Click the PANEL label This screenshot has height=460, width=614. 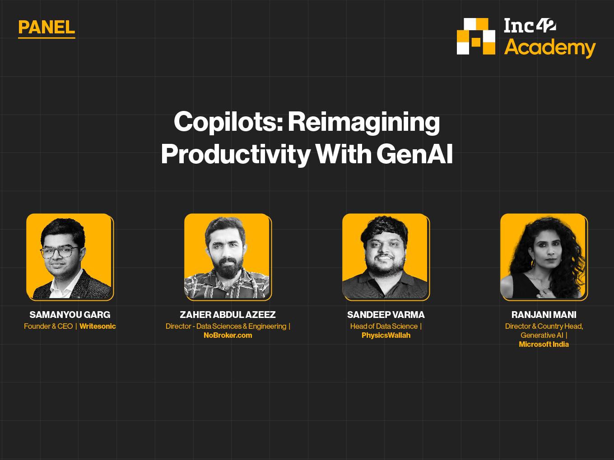tap(47, 28)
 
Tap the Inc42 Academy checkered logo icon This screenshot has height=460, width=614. tap(476, 36)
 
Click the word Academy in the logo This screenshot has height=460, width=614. tap(549, 48)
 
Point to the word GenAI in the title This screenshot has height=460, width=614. tap(414, 154)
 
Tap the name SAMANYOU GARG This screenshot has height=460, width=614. tap(70, 315)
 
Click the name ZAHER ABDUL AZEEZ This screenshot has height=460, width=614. tap(228, 315)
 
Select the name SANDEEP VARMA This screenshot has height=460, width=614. tap(386, 315)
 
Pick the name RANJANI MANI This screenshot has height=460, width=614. tap(544, 315)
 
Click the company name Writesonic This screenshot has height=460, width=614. tap(98, 326)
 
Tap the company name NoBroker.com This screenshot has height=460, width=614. tap(228, 335)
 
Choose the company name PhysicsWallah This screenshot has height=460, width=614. tap(386, 336)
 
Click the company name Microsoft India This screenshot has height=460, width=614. tap(544, 345)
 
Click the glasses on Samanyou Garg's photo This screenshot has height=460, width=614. tap(60, 252)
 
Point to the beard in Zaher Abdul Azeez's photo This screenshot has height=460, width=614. tap(228, 269)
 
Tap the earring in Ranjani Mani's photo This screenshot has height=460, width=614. tap(532, 263)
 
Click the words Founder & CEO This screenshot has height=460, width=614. tap(48, 326)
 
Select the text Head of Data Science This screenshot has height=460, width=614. tap(384, 326)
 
